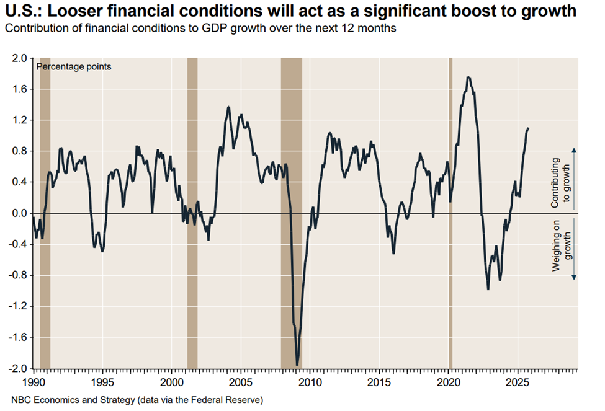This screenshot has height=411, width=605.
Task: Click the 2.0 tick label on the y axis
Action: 17,58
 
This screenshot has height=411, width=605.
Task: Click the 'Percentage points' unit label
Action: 74,66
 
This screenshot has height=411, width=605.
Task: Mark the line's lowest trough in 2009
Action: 298,365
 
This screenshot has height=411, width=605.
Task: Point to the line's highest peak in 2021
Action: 468,77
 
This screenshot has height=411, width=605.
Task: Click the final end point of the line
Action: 528,128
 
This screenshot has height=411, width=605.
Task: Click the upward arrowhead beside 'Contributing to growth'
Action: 573,149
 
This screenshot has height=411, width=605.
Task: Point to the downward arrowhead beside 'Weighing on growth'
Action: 573,277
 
